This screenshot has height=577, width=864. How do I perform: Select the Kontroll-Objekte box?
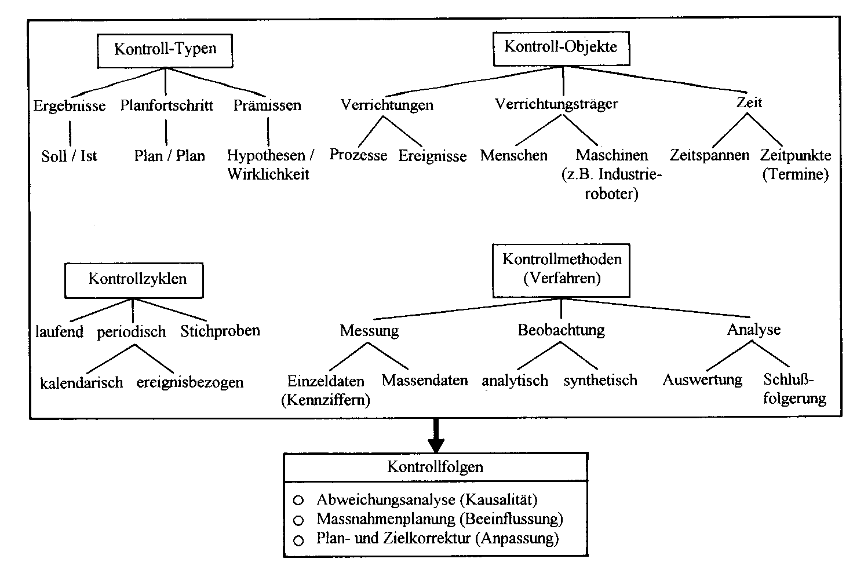point(560,48)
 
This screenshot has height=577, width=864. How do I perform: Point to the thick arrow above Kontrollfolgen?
point(436,436)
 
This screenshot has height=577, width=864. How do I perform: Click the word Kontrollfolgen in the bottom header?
point(435,467)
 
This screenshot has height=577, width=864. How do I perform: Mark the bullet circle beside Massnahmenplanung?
point(299,520)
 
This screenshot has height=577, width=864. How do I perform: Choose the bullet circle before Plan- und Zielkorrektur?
point(299,541)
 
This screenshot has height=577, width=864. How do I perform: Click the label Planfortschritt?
point(167,105)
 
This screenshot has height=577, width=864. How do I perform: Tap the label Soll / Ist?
point(70,156)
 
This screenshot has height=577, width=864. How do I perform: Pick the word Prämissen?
point(267,105)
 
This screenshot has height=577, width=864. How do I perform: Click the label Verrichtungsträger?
point(556,104)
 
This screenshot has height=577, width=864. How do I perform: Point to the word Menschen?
point(514,156)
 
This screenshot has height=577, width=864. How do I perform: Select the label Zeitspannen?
point(709,156)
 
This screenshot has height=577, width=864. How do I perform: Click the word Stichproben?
point(220,331)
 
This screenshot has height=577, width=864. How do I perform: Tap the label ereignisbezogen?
point(190,382)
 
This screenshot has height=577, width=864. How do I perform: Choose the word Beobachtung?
point(561,330)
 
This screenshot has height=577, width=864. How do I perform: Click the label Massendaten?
point(425,381)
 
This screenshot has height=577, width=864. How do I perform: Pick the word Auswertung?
point(702,380)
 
